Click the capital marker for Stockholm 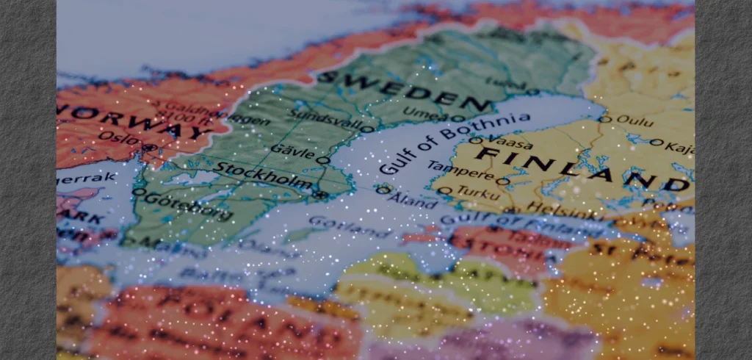point(321,195)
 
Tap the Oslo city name point(117,137)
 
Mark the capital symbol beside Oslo point(150,148)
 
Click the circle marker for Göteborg point(137,192)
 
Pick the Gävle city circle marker point(321,159)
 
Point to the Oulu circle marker point(604,119)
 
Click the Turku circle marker point(443,190)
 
